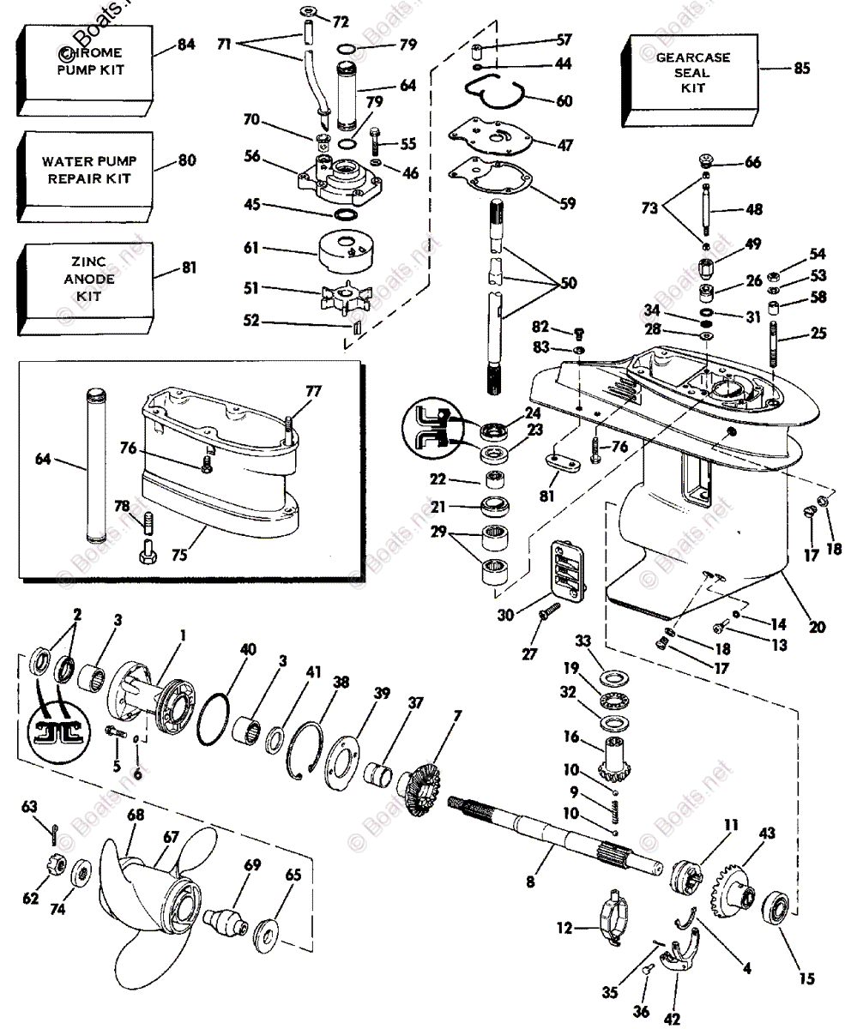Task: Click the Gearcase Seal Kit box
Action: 692,75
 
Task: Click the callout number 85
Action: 800,69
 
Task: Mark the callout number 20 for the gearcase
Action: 816,627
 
